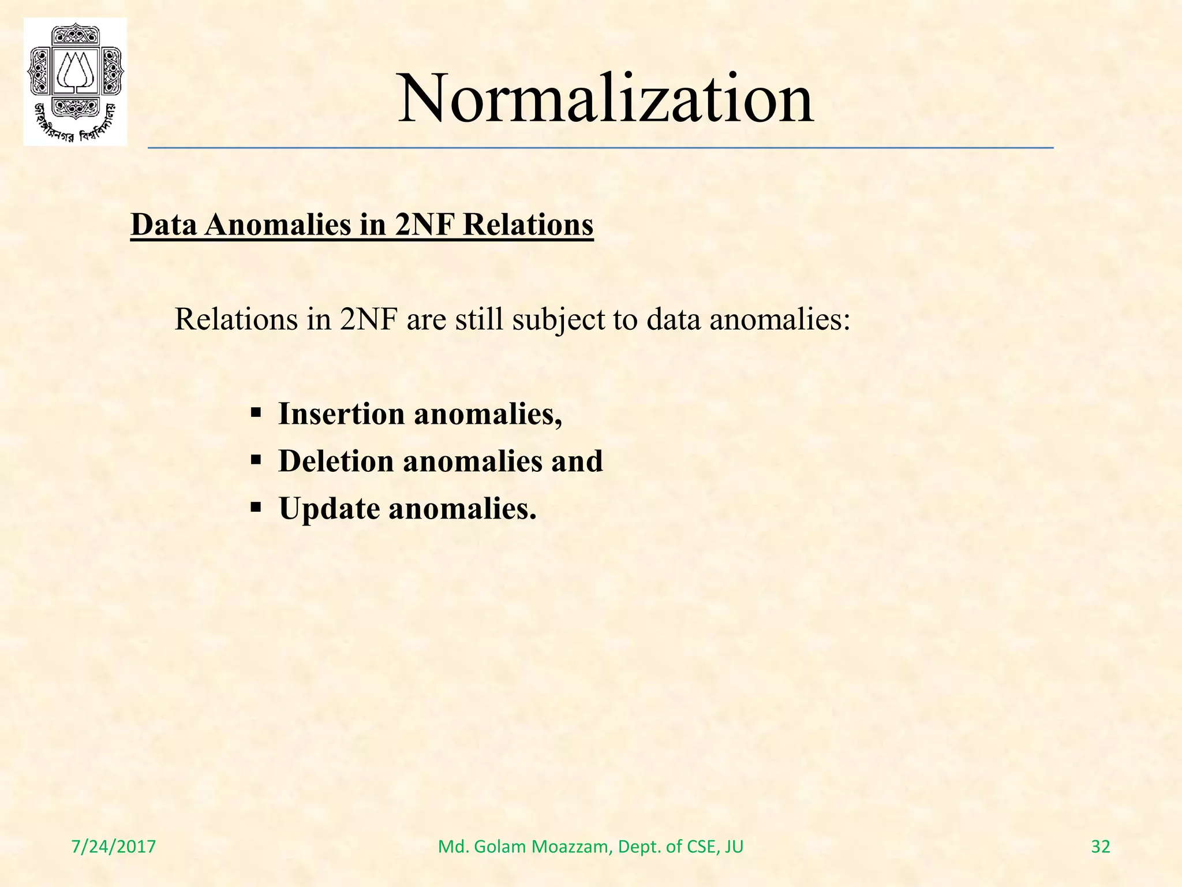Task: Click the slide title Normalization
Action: tap(605, 98)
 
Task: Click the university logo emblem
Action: tap(75, 81)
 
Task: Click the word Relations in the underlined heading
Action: tap(528, 225)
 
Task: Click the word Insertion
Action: tap(341, 414)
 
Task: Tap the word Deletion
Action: tap(336, 461)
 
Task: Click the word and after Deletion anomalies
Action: tap(577, 461)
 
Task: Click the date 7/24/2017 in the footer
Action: tap(114, 847)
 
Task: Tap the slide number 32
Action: tap(1100, 847)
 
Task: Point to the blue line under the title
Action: tap(600, 148)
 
